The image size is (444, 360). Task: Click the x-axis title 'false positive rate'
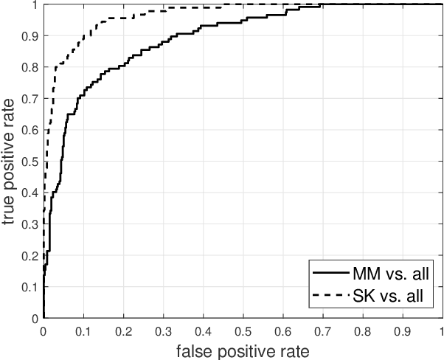coord(242,350)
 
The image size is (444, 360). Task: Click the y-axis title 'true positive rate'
coord(11,161)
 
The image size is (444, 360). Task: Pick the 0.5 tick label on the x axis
coord(242,330)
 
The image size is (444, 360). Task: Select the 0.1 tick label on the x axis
coord(83,330)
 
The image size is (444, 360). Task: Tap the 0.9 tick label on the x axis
coord(401,330)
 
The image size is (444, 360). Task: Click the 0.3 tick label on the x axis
coord(163,330)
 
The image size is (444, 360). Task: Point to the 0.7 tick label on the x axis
coord(322,330)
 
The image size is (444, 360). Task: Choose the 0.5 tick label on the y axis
coord(30,161)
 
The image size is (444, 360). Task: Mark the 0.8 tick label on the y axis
coord(30,67)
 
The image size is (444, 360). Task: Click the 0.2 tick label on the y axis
coord(30,255)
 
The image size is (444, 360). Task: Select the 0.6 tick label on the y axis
coord(30,130)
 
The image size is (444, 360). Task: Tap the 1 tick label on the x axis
coord(441,330)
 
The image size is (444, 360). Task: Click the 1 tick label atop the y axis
coord(35,4)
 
